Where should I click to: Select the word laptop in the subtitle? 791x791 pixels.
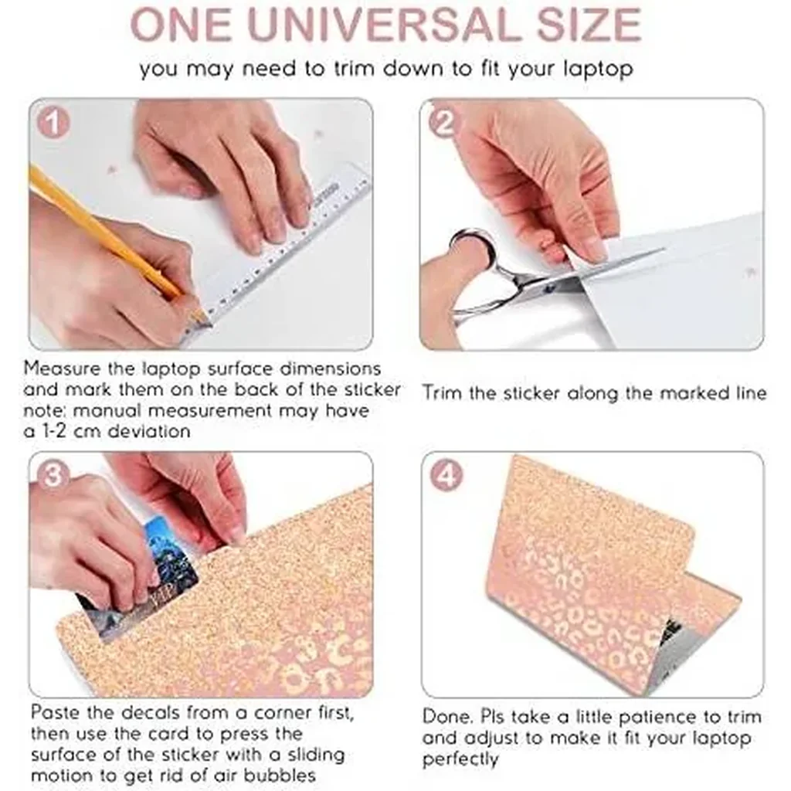click(x=597, y=69)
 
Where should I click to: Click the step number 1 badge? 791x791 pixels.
click(x=53, y=123)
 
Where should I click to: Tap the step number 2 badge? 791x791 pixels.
click(x=444, y=123)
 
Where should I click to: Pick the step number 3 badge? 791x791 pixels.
click(x=53, y=475)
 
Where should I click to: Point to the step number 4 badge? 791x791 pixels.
click(x=446, y=475)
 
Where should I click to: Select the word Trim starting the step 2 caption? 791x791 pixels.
click(x=442, y=392)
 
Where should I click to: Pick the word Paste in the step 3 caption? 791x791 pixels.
click(x=55, y=712)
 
